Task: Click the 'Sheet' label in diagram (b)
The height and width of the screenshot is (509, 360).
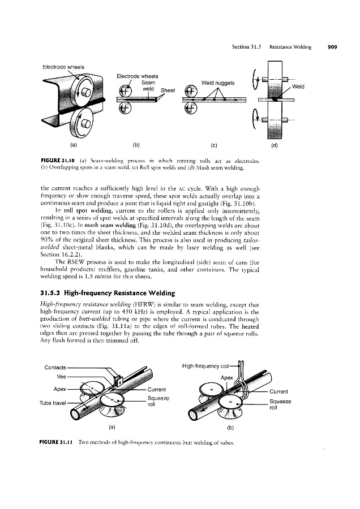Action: coord(169,89)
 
